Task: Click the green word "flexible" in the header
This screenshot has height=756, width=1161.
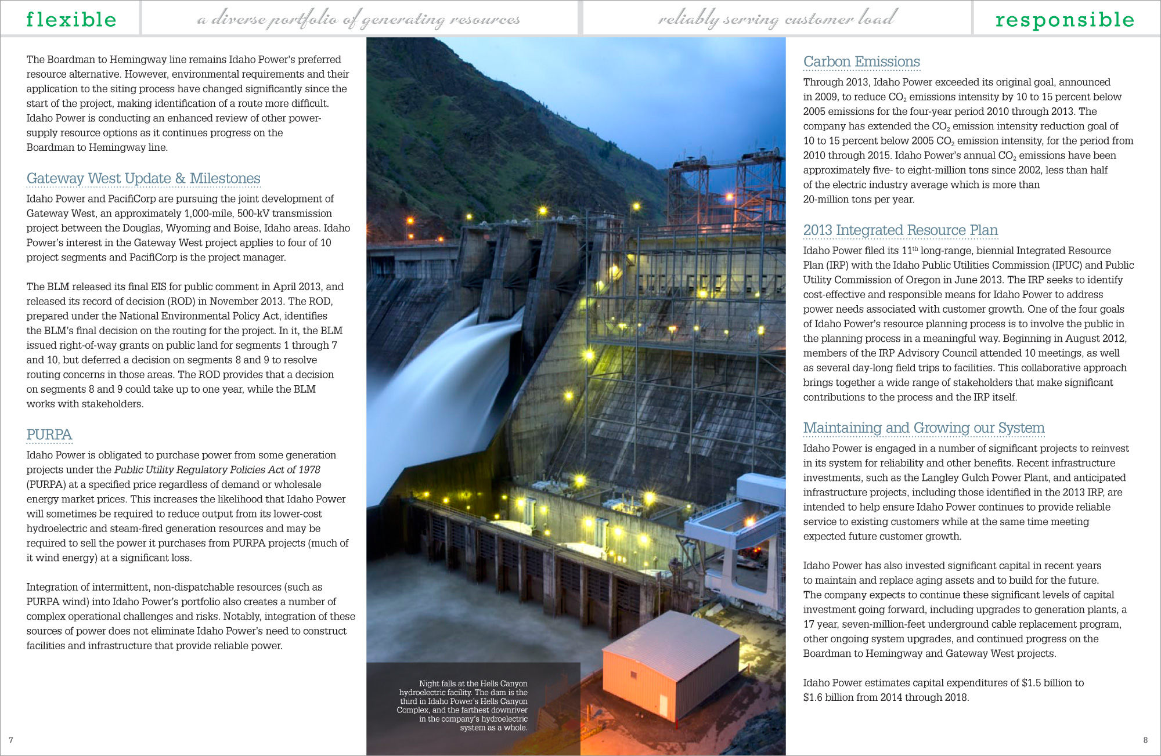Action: pyautogui.click(x=71, y=19)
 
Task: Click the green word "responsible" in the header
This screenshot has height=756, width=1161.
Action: pyautogui.click(x=1065, y=19)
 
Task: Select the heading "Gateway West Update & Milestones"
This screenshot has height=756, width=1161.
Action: pyautogui.click(x=143, y=179)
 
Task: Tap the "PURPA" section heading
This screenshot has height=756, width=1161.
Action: pyautogui.click(x=49, y=435)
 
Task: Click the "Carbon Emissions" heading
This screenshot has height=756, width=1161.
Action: pyautogui.click(x=861, y=62)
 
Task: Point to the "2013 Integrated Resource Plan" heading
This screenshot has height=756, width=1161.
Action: pyautogui.click(x=900, y=230)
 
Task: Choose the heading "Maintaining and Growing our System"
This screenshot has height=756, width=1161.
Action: pyautogui.click(x=924, y=428)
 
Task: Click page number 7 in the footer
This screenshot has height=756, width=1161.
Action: pyautogui.click(x=11, y=740)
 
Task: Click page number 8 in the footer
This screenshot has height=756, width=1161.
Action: pyautogui.click(x=1145, y=740)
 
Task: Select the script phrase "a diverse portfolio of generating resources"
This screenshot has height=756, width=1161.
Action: pyautogui.click(x=358, y=20)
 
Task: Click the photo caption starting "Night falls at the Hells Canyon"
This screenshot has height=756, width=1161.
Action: pyautogui.click(x=463, y=705)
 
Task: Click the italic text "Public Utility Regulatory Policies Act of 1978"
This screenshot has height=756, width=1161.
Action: pyautogui.click(x=217, y=470)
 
